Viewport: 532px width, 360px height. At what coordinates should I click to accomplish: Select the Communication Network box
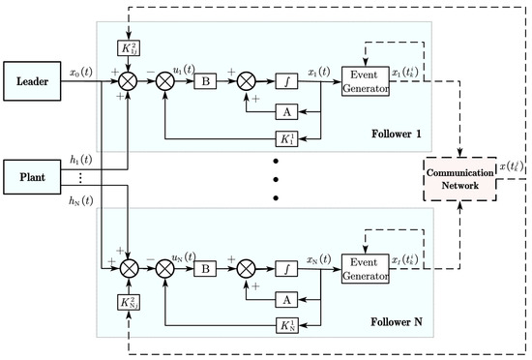point(460,178)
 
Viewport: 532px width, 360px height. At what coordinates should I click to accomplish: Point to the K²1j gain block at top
point(130,46)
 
